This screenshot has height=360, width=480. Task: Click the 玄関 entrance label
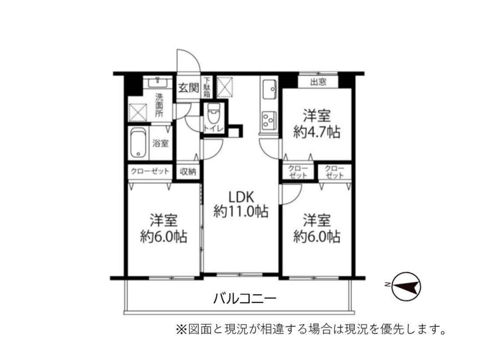[189, 88]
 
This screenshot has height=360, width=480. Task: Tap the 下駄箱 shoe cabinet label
[207, 87]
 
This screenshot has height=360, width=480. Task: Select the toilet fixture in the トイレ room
[213, 113]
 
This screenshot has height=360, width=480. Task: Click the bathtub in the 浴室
[138, 143]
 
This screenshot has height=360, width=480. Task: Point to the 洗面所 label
[159, 105]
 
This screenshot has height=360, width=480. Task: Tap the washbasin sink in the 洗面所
[158, 82]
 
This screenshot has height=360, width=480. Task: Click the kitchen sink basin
[269, 89]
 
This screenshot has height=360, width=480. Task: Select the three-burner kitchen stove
[269, 120]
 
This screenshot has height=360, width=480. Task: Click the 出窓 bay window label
[319, 82]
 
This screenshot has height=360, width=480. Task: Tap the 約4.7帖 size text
[317, 132]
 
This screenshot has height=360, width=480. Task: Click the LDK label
[241, 197]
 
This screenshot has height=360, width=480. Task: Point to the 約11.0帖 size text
[241, 211]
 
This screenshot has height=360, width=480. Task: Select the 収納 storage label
[188, 172]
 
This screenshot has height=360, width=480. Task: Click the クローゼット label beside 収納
[150, 171]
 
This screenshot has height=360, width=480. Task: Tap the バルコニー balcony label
[245, 298]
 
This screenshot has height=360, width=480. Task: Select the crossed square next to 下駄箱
[225, 87]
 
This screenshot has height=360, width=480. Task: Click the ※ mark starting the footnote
[181, 329]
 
